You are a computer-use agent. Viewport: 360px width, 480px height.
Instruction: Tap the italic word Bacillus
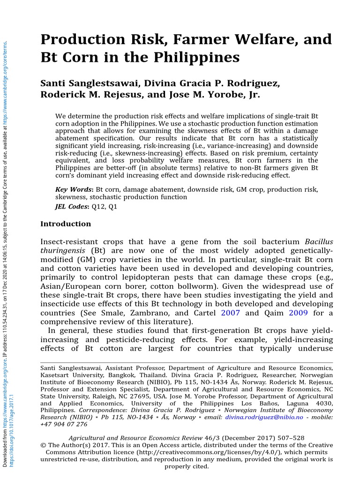319,242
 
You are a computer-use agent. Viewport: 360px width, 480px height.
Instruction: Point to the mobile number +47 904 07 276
64,424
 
